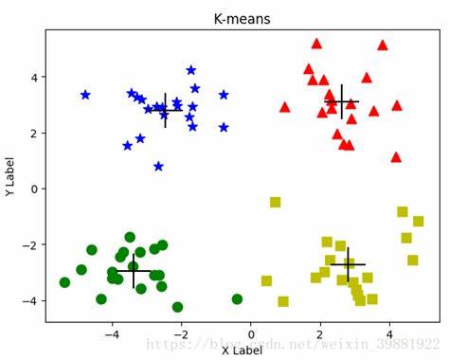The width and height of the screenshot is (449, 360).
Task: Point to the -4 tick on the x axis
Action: click(x=112, y=333)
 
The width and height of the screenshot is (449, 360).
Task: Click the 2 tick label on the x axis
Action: click(x=319, y=333)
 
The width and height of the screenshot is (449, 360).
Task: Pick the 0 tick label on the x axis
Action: click(x=250, y=333)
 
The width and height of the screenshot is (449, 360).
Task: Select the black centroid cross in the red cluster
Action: click(x=341, y=101)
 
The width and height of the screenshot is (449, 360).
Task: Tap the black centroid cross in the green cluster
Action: click(x=134, y=271)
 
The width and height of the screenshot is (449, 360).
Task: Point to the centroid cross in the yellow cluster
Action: click(x=348, y=264)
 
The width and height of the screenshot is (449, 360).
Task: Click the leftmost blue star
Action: click(x=85, y=95)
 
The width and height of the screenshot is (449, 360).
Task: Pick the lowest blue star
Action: click(x=158, y=167)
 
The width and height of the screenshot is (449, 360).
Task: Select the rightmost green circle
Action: click(x=237, y=299)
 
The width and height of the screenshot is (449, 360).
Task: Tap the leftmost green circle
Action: click(x=64, y=282)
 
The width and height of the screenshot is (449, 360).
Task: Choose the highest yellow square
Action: click(x=276, y=202)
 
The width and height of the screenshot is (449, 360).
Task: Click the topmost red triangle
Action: click(x=316, y=43)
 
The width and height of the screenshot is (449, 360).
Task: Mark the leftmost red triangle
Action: click(x=284, y=107)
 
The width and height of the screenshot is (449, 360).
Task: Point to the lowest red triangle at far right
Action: click(x=396, y=157)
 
